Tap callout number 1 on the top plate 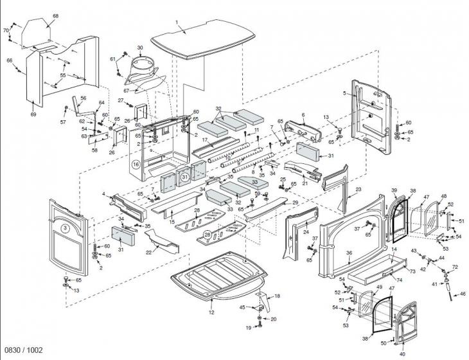176,22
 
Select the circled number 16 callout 136,164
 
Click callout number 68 55,15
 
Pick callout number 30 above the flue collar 140,48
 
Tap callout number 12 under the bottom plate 211,312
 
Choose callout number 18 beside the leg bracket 278,296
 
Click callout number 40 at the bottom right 402,354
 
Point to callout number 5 344,94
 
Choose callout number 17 204,139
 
